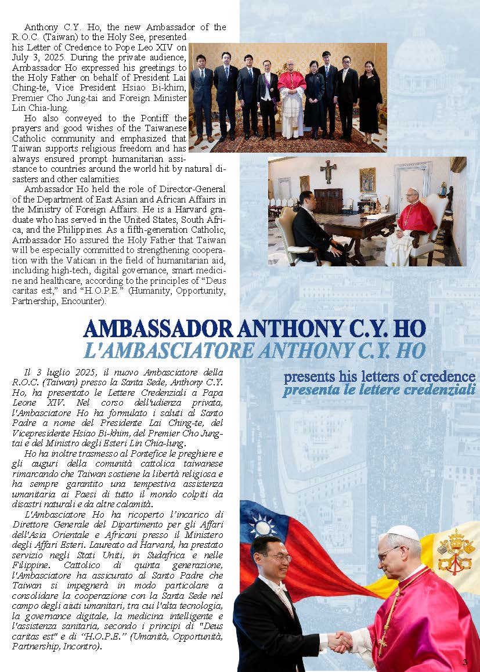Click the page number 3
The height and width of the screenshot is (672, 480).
[x=465, y=662]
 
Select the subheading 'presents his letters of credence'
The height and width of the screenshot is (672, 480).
[x=380, y=377]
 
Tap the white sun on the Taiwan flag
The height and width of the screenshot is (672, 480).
[x=263, y=526]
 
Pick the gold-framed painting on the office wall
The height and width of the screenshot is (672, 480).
[x=367, y=180]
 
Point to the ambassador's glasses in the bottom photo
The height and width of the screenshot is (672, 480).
[x=277, y=558]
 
